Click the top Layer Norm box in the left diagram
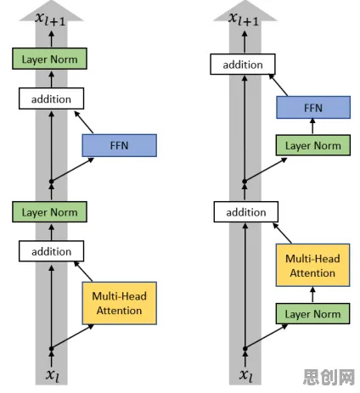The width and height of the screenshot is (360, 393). pos(49,59)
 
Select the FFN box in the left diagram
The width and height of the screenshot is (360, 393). pos(119,145)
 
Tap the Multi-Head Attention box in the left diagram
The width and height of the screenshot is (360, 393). pos(119,303)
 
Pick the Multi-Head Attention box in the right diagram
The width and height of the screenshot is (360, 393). pos(312,265)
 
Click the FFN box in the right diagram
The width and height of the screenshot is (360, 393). pos(313,107)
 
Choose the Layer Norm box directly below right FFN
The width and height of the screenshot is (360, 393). pos(313,145)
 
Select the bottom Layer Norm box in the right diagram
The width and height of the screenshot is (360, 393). pos(312,313)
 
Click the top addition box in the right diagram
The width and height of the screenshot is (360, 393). pos(243,65)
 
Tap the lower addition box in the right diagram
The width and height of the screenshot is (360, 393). pos(246,212)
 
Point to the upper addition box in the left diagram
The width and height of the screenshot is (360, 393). pos(51,98)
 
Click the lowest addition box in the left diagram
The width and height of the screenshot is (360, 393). pos(51,251)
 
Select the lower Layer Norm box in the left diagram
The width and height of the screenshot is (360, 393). pos(49,212)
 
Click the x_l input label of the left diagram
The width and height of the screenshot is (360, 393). pos(53,375)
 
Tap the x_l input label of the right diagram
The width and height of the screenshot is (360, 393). pos(246,375)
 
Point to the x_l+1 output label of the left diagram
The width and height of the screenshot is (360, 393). pos(50,19)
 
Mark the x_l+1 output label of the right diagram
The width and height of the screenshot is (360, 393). pos(244,19)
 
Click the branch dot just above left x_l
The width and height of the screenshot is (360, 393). pos(51,349)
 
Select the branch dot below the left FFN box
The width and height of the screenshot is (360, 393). pos(51,182)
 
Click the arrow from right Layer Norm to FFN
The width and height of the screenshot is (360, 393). pos(312,126)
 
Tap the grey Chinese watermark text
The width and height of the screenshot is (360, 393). pos(329,377)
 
